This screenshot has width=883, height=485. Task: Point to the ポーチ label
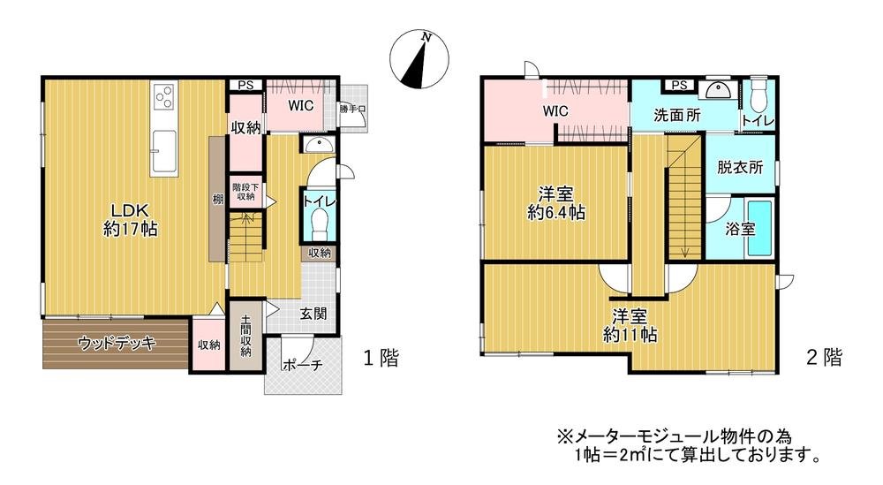pos(303,365)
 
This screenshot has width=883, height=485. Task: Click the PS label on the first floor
pos(245,86)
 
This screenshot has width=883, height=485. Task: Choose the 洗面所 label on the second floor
pos(677,115)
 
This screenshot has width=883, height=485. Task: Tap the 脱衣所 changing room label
pos(739,168)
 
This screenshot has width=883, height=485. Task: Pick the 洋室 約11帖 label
pos(633,325)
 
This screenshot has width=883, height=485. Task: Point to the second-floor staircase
pos(683,199)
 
